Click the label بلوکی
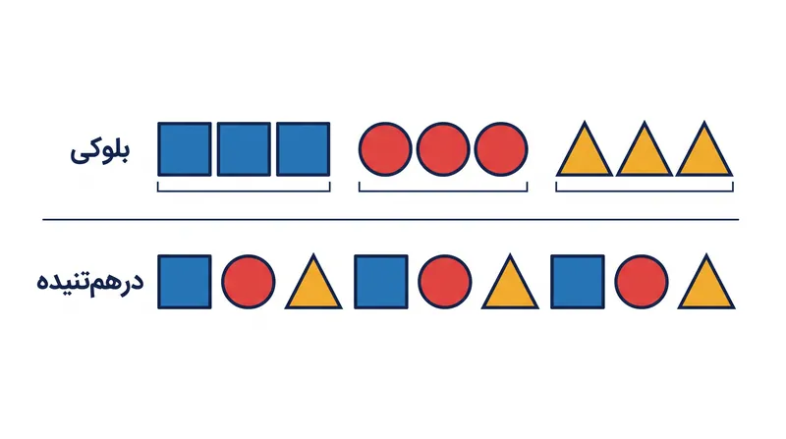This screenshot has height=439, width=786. click(x=100, y=152)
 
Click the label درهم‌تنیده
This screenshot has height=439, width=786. click(x=90, y=282)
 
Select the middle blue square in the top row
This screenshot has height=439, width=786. click(x=244, y=149)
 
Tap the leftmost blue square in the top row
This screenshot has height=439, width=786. click(x=185, y=149)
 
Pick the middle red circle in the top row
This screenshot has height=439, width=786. click(x=443, y=149)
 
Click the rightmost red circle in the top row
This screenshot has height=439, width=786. click(x=501, y=149)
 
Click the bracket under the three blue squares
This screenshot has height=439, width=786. click(x=244, y=191)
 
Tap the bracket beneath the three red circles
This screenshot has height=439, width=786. click(x=443, y=191)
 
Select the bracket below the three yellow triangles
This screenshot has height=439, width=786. click(x=645, y=191)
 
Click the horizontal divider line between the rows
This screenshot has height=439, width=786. click(x=390, y=220)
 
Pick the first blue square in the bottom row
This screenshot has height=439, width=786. click(x=185, y=282)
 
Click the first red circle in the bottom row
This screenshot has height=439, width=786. click(x=249, y=282)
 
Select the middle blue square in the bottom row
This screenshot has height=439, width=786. click(x=381, y=282)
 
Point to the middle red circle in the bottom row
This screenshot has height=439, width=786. click(x=445, y=282)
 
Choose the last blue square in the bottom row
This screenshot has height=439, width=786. click(x=578, y=282)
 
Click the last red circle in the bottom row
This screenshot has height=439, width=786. click(x=642, y=282)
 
